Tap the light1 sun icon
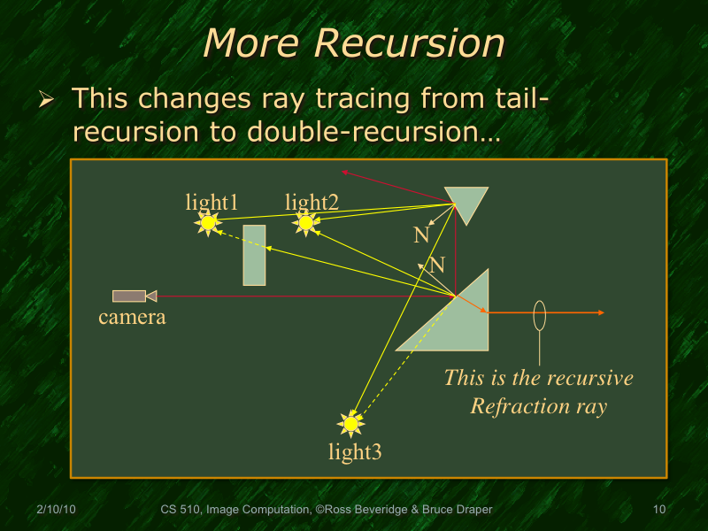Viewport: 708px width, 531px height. (207, 224)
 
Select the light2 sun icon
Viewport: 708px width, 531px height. (306, 223)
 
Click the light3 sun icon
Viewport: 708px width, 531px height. (351, 425)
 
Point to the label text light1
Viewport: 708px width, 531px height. (212, 203)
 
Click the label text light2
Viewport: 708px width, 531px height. (312, 203)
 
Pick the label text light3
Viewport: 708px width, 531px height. (355, 453)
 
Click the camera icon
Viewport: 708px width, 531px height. (134, 296)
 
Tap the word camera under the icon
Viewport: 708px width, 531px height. (132, 317)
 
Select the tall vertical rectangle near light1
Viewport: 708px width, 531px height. (254, 255)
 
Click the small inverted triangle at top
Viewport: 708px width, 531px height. (466, 201)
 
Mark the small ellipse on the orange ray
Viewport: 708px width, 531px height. (539, 313)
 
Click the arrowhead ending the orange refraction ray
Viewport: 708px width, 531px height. (601, 312)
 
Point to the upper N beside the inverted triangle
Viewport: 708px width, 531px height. (421, 235)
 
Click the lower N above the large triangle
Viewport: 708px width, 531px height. (436, 265)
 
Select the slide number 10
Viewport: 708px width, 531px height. (658, 510)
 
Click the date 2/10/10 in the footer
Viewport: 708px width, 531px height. (56, 510)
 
